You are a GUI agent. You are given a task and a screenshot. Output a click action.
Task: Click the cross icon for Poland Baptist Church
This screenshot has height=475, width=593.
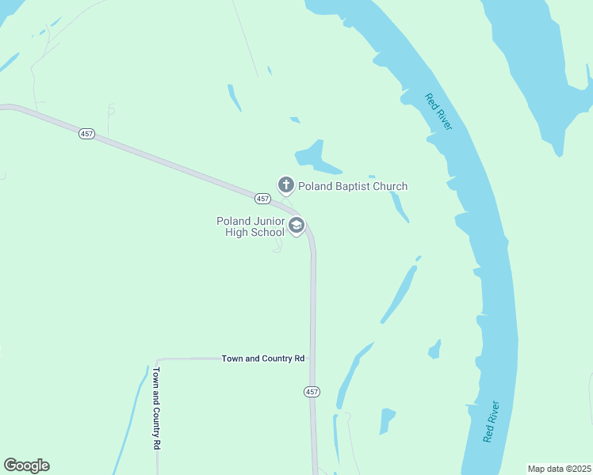click(x=285, y=185)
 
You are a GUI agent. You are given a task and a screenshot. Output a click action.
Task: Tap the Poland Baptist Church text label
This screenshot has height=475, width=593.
click(x=353, y=187)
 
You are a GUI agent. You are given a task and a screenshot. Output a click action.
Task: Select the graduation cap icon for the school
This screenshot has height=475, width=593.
click(x=296, y=226)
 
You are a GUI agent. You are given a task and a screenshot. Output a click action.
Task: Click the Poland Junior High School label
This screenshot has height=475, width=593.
click(x=250, y=226)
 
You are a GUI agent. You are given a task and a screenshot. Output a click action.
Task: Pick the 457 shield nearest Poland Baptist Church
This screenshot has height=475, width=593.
click(x=263, y=198)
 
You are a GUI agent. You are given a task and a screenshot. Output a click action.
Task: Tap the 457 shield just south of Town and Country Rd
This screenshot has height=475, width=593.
click(x=312, y=392)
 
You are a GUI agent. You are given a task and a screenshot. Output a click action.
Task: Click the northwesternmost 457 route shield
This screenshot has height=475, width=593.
click(x=87, y=134)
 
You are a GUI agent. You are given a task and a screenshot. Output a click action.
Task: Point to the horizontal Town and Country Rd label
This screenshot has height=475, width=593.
click(x=263, y=359)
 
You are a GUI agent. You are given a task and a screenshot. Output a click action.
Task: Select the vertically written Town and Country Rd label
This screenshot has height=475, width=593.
click(x=157, y=408)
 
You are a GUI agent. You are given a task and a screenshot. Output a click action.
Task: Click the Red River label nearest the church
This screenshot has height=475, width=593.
click(x=438, y=112)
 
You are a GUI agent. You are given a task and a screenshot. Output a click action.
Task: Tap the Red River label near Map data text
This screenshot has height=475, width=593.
click(x=492, y=421)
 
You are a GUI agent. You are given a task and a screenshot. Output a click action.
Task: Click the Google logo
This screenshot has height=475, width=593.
click(x=26, y=465)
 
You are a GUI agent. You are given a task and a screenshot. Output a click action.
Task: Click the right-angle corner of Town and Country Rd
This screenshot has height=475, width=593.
click(x=158, y=359)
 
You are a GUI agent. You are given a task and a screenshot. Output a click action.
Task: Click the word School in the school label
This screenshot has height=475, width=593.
click(x=266, y=232)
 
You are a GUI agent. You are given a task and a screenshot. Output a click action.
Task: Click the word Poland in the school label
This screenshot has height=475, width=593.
click(x=234, y=221)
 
